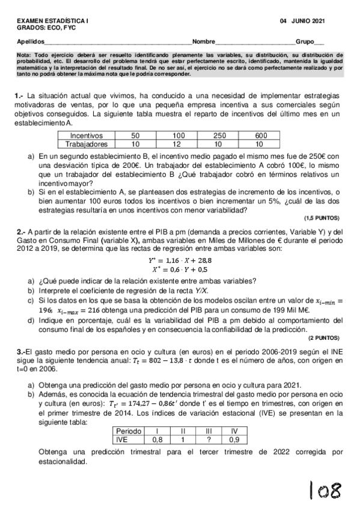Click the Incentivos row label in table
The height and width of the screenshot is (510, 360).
tap(87, 136)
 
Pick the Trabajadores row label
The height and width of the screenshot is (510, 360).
tap(87, 144)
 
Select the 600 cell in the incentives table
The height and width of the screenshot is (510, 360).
tap(261, 136)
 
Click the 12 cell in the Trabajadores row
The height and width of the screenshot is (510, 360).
tap(178, 144)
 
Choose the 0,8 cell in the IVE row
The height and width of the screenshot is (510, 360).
tap(157, 440)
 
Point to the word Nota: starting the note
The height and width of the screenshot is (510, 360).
tap(24, 55)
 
